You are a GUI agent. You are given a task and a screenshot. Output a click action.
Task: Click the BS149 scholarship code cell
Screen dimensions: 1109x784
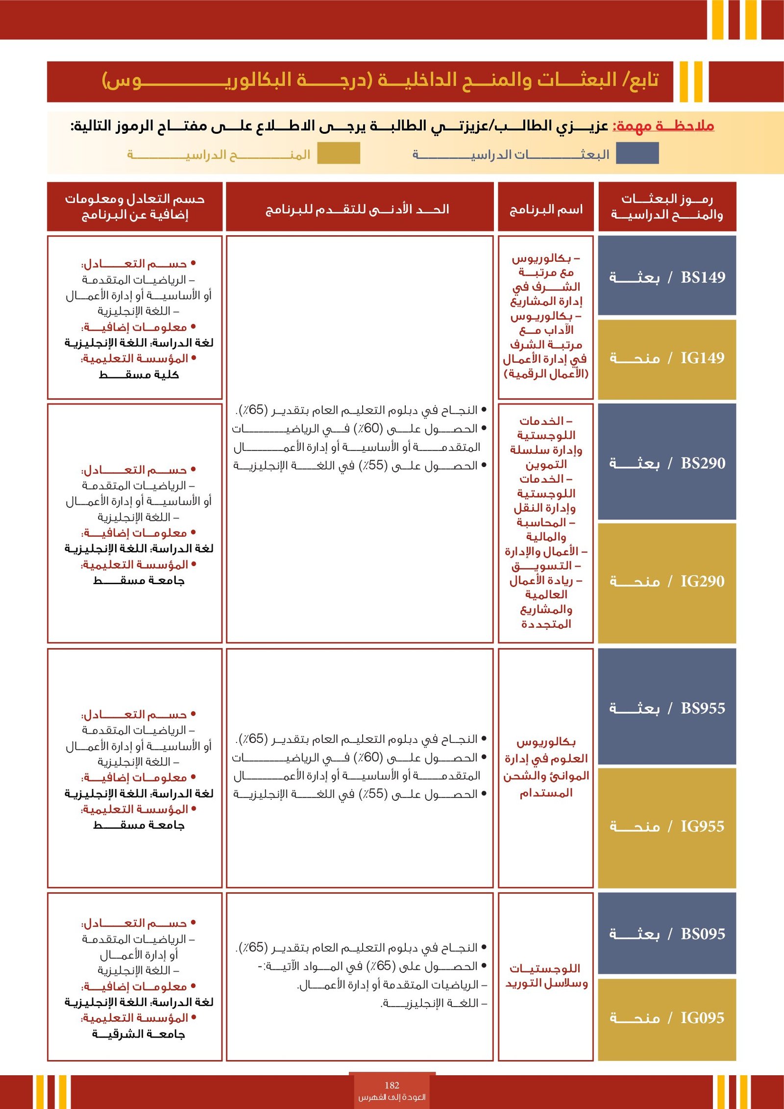[667, 277]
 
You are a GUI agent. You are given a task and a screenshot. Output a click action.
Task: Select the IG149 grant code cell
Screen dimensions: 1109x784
[667, 358]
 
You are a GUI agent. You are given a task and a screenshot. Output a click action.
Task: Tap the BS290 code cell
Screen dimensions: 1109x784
[667, 463]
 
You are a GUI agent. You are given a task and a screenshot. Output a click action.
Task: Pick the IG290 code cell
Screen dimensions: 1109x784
[667, 581]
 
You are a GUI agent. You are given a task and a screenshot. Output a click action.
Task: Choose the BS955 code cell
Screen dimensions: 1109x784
[667, 708]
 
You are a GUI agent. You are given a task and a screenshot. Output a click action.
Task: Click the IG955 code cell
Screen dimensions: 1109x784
[667, 826]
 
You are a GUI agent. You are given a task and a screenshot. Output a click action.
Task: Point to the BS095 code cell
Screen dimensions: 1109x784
[667, 934]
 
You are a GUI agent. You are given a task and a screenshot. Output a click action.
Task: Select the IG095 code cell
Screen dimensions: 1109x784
[667, 1018]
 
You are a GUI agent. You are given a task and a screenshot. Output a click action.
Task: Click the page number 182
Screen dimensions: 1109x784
[392, 1085]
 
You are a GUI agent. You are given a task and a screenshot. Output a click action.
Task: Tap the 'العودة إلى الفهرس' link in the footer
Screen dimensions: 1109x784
[392, 1097]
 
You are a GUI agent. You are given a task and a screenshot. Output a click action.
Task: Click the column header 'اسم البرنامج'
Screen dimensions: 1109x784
[546, 210]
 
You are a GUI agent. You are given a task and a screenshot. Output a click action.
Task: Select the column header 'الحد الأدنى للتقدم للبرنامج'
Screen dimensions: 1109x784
[358, 209]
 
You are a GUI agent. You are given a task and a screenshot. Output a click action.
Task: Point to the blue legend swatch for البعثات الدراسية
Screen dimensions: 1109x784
[637, 153]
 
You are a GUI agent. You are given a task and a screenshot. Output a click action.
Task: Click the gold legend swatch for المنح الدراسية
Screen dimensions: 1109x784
[338, 153]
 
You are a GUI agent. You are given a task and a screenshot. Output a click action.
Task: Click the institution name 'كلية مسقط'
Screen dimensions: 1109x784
[139, 375]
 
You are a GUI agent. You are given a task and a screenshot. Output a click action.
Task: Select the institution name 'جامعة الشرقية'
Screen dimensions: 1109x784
[139, 1034]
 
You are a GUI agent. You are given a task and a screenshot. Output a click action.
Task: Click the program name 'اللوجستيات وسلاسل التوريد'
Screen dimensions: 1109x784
[546, 976]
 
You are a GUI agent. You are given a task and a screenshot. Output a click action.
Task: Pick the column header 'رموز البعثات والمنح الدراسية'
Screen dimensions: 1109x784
[667, 207]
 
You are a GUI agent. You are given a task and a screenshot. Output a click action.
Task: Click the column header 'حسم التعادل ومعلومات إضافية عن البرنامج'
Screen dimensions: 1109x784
[135, 207]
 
